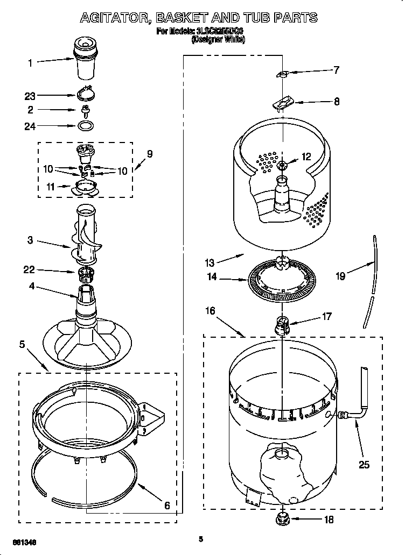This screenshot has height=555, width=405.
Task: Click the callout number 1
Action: point(30,63)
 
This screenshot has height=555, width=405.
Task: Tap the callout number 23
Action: point(30,96)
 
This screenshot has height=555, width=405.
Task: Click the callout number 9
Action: point(150,154)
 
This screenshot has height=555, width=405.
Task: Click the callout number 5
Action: point(23,344)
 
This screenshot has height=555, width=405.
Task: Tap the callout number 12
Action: point(306,157)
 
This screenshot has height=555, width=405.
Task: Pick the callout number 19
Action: point(340,277)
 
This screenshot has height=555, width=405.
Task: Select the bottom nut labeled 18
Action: point(282,519)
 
